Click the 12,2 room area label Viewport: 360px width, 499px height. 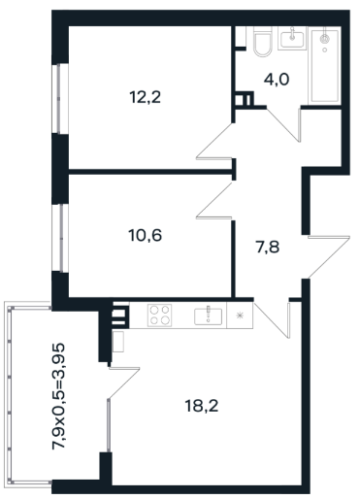coord(146,97)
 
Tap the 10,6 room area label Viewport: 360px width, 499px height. coord(146,235)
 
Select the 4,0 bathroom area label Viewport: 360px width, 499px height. coord(277,80)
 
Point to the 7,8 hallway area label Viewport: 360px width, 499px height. coord(268,248)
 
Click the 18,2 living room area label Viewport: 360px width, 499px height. coord(202,406)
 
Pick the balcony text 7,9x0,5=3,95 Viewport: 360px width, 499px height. coord(58,396)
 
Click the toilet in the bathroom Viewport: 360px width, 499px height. coord(262,42)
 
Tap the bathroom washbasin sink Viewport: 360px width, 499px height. coord(292,38)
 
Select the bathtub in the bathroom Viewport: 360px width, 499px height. coord(325,66)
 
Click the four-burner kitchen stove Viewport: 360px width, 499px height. coord(159,315)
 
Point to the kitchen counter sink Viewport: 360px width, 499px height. coord(208,316)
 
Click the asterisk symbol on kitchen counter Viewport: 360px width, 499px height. coord(240,316)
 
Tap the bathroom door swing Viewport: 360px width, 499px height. coord(283,124)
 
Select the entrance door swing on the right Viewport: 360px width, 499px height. coord(329,256)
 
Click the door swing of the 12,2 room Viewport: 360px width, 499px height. coord(214,142)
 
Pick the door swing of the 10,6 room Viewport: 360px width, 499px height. coord(214,201)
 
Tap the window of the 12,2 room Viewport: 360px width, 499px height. coord(60,98)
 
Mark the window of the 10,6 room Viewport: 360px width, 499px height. coord(60,238)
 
